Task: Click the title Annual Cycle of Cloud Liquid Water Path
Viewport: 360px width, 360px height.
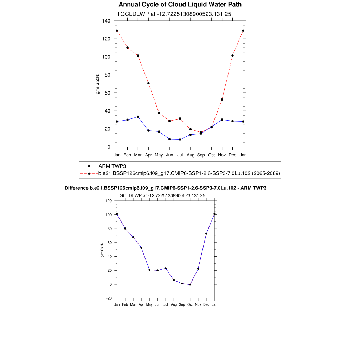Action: point(180,5)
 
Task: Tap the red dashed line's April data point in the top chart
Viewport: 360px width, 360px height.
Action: point(148,83)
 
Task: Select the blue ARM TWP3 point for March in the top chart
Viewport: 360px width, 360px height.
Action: point(138,117)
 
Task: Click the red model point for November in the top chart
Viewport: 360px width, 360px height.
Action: point(222,99)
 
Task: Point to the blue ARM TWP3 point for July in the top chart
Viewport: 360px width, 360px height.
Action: point(180,140)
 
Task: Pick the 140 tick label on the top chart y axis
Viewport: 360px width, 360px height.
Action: point(106,21)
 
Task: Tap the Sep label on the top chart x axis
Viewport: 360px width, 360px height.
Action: point(201,155)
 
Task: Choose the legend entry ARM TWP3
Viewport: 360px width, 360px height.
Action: point(110,166)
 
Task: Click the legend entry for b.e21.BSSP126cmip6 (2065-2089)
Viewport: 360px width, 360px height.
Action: point(189,173)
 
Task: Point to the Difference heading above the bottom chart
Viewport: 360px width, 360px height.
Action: point(166,188)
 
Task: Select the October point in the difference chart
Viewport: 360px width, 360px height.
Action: point(190,285)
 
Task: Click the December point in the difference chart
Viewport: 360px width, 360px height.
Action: point(206,234)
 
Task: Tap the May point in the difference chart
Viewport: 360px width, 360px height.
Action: point(149,270)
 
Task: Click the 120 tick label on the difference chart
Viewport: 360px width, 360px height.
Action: point(108,201)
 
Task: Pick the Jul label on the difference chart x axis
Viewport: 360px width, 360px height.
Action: point(166,304)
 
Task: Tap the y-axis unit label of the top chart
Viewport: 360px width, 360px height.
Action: point(98,84)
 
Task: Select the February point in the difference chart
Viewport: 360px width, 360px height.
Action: point(125,229)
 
